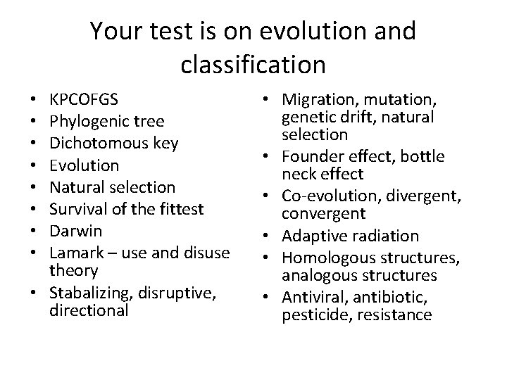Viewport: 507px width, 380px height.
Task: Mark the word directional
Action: click(89, 310)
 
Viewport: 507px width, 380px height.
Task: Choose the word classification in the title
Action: click(254, 64)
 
